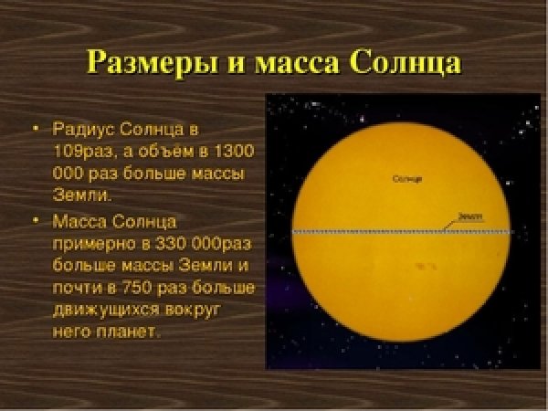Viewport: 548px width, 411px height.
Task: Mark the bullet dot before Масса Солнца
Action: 37,222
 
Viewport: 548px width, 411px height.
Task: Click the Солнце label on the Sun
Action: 406,179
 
